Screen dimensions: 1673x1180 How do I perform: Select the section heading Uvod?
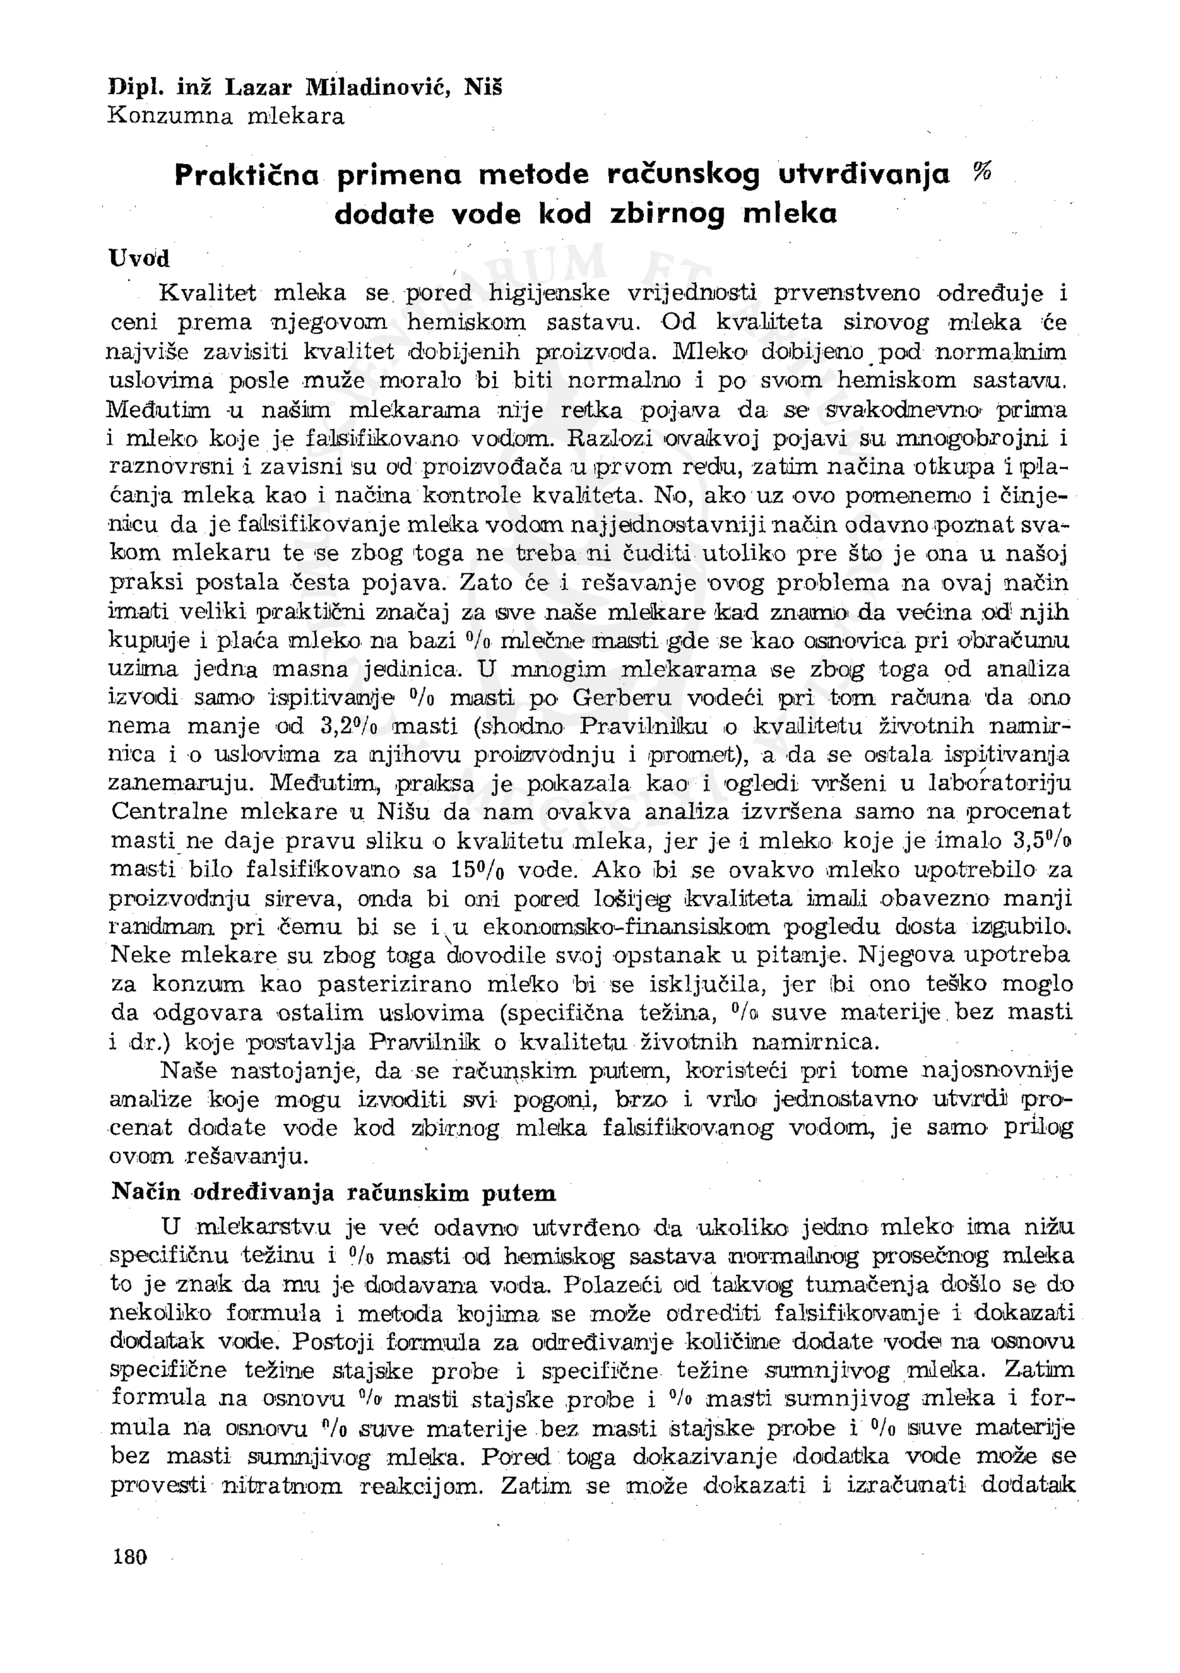pos(138,258)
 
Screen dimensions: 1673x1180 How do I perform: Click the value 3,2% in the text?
pos(347,726)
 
